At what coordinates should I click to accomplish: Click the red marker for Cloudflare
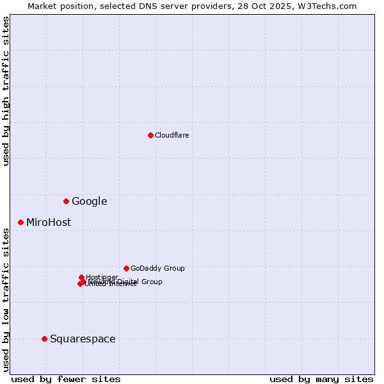click(150, 135)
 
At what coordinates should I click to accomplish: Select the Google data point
click(66, 201)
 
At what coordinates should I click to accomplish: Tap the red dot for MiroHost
click(20, 222)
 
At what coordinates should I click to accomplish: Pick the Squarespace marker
click(44, 339)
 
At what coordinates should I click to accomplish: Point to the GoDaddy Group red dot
click(126, 268)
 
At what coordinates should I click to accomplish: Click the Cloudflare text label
click(172, 135)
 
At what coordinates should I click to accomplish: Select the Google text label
click(90, 202)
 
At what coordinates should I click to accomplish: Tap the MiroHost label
click(49, 223)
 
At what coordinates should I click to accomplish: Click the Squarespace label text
click(83, 339)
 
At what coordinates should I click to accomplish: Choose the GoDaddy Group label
click(157, 269)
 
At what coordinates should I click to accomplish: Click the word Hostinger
click(102, 277)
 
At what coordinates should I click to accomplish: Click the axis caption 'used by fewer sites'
click(66, 379)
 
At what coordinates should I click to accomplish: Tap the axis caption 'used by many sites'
click(321, 379)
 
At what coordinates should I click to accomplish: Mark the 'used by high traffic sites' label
click(6, 91)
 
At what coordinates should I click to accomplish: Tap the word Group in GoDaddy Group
click(173, 269)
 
